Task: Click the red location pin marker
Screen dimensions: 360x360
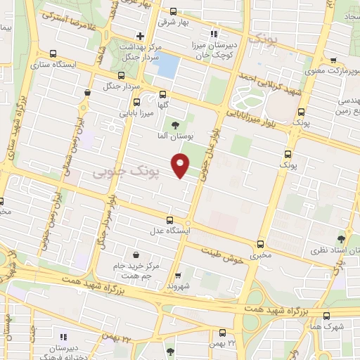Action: pos(181,165)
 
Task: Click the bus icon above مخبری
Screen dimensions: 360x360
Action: pos(261,243)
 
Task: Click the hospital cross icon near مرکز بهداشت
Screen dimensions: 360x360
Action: pos(140,36)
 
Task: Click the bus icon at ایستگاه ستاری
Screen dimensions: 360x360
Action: pos(53,54)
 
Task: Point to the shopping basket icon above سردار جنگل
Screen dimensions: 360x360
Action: pos(86,91)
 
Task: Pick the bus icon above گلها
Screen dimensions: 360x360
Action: pos(163,94)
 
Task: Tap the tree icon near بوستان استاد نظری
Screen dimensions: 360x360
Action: pos(342,240)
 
